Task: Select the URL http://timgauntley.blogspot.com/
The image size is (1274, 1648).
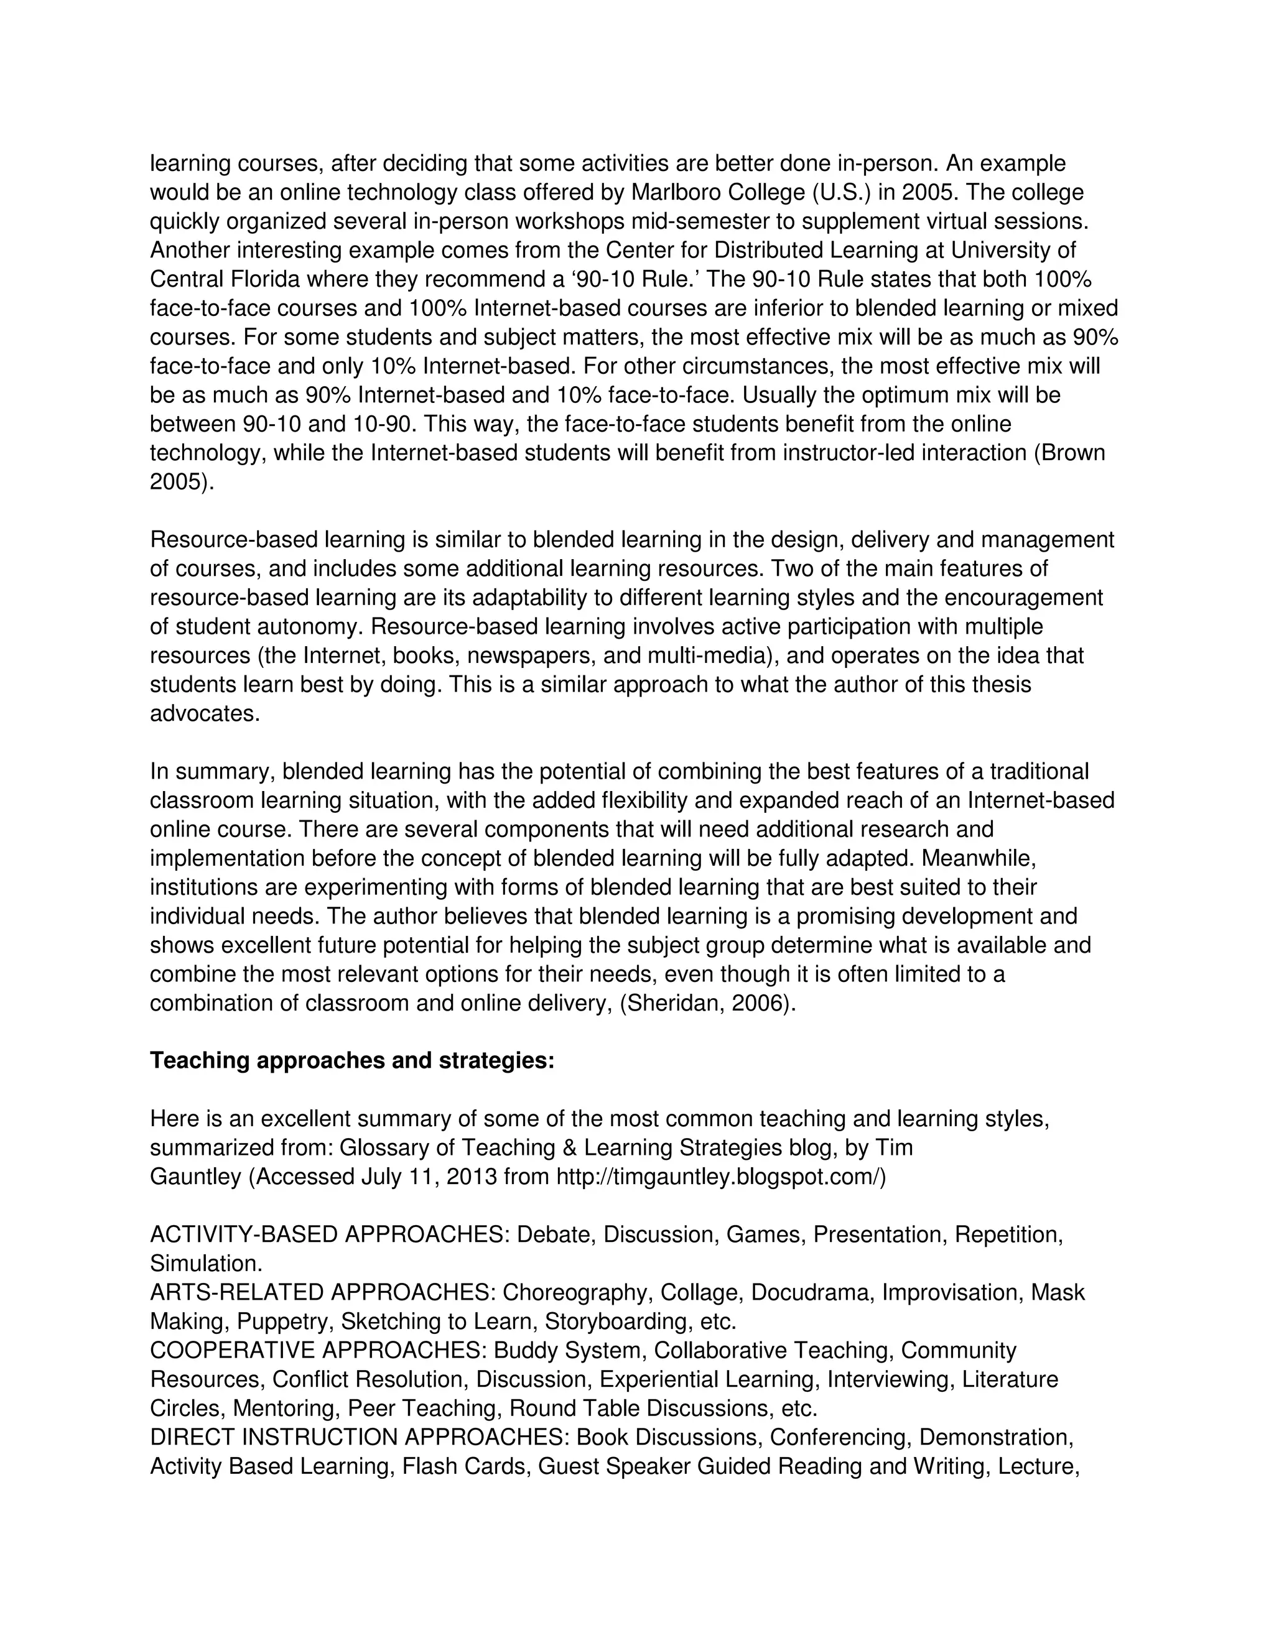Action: pos(720,1177)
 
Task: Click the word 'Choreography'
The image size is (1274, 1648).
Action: pos(574,1293)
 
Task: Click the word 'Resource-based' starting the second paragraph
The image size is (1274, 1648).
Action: pos(234,540)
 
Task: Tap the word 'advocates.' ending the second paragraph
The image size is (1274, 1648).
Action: pos(205,713)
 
